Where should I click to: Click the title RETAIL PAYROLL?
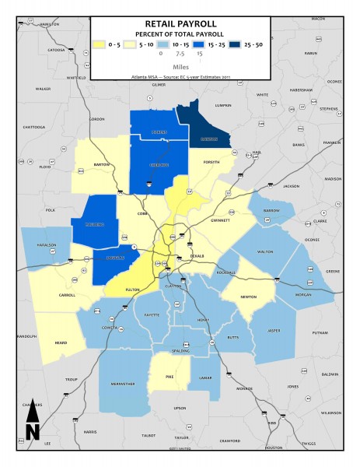point(180,24)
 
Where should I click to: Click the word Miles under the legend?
point(180,67)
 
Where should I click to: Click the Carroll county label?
point(67,295)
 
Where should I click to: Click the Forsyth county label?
point(211,162)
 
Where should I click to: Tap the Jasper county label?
point(272,331)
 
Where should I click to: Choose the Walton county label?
point(265,252)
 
